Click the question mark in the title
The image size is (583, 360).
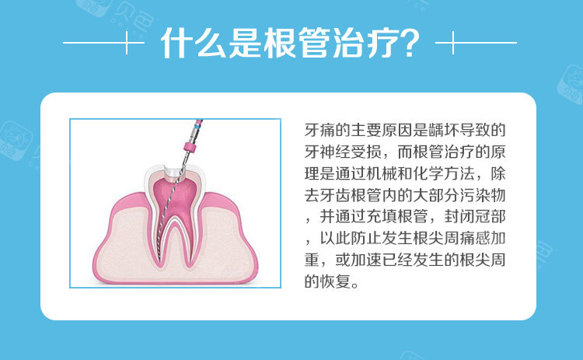407,43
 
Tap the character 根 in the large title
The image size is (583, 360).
279,43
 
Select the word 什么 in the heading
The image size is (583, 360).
194,43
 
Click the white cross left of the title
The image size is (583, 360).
127,43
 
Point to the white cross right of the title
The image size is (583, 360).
453,43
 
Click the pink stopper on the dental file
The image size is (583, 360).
190,147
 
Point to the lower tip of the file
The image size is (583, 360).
159,260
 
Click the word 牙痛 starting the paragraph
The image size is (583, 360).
319,130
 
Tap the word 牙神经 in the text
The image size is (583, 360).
327,152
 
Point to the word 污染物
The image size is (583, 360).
483,195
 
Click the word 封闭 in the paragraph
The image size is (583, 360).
459,216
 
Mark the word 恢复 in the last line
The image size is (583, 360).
335,281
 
